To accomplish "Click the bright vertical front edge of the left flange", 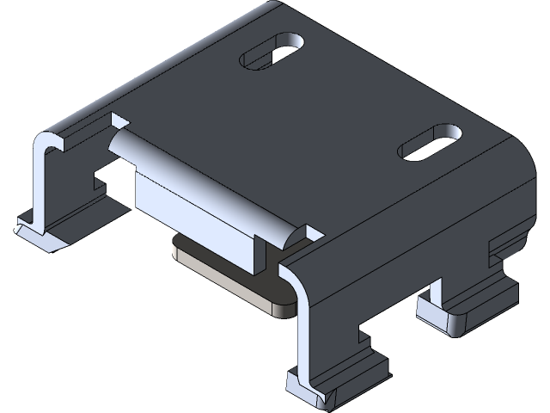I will click(40, 185).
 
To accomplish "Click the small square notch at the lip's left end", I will click(118, 120).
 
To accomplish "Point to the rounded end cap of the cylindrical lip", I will click(291, 232).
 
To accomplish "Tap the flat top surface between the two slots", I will click(344, 103).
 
